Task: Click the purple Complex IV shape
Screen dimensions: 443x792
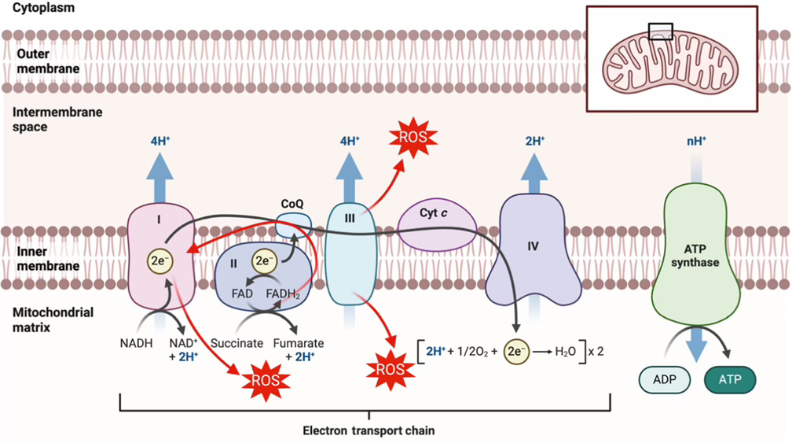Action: click(x=533, y=252)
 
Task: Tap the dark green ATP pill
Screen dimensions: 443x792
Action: click(x=731, y=380)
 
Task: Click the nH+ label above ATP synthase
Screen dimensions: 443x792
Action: click(x=695, y=142)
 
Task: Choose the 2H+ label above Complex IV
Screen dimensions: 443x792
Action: click(x=534, y=142)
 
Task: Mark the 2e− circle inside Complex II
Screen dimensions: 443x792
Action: click(x=264, y=260)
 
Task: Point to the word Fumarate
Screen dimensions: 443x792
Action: click(x=298, y=344)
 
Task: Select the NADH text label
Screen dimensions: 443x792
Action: click(x=136, y=344)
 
